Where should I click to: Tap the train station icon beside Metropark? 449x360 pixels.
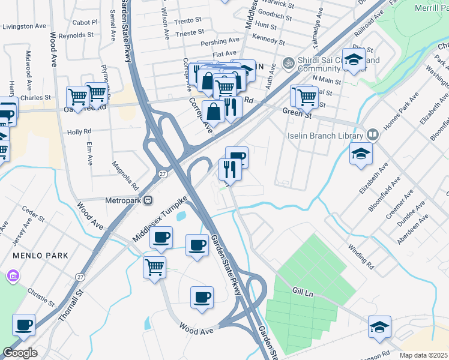pyautogui.click(x=148, y=200)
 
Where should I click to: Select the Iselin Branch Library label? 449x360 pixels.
pyautogui.click(x=325, y=135)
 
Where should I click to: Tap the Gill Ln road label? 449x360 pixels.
pyautogui.click(x=304, y=290)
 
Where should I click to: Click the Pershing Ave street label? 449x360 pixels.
pyautogui.click(x=221, y=41)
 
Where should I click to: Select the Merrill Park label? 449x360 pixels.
pyautogui.click(x=431, y=8)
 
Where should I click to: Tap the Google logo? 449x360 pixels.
pyautogui.click(x=20, y=353)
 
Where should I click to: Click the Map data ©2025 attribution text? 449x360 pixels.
pyautogui.click(x=424, y=355)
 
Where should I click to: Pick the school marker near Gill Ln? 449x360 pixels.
pyautogui.click(x=379, y=326)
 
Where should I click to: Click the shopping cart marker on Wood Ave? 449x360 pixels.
pyautogui.click(x=155, y=266)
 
